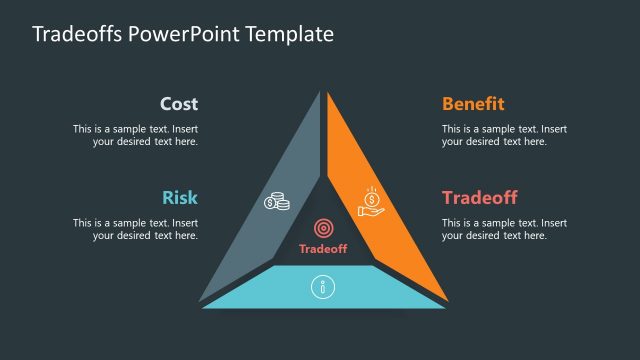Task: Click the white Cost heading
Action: click(179, 104)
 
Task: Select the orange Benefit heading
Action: click(473, 104)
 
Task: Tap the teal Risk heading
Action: click(180, 197)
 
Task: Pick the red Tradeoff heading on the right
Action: click(479, 197)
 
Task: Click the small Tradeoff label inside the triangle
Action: click(323, 249)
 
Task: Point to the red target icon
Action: click(323, 229)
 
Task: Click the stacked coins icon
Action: click(277, 201)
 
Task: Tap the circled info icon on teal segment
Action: click(322, 288)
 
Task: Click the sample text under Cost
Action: click(135, 135)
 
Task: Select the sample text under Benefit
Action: click(504, 135)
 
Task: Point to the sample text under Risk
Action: click(135, 229)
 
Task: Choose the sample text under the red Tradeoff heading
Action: click(504, 229)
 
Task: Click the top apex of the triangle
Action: click(323, 95)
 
